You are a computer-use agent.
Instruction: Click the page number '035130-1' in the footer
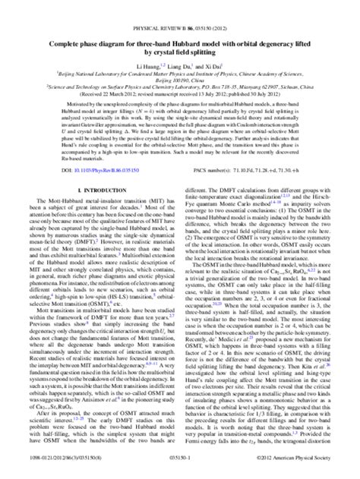(x=180, y=471)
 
